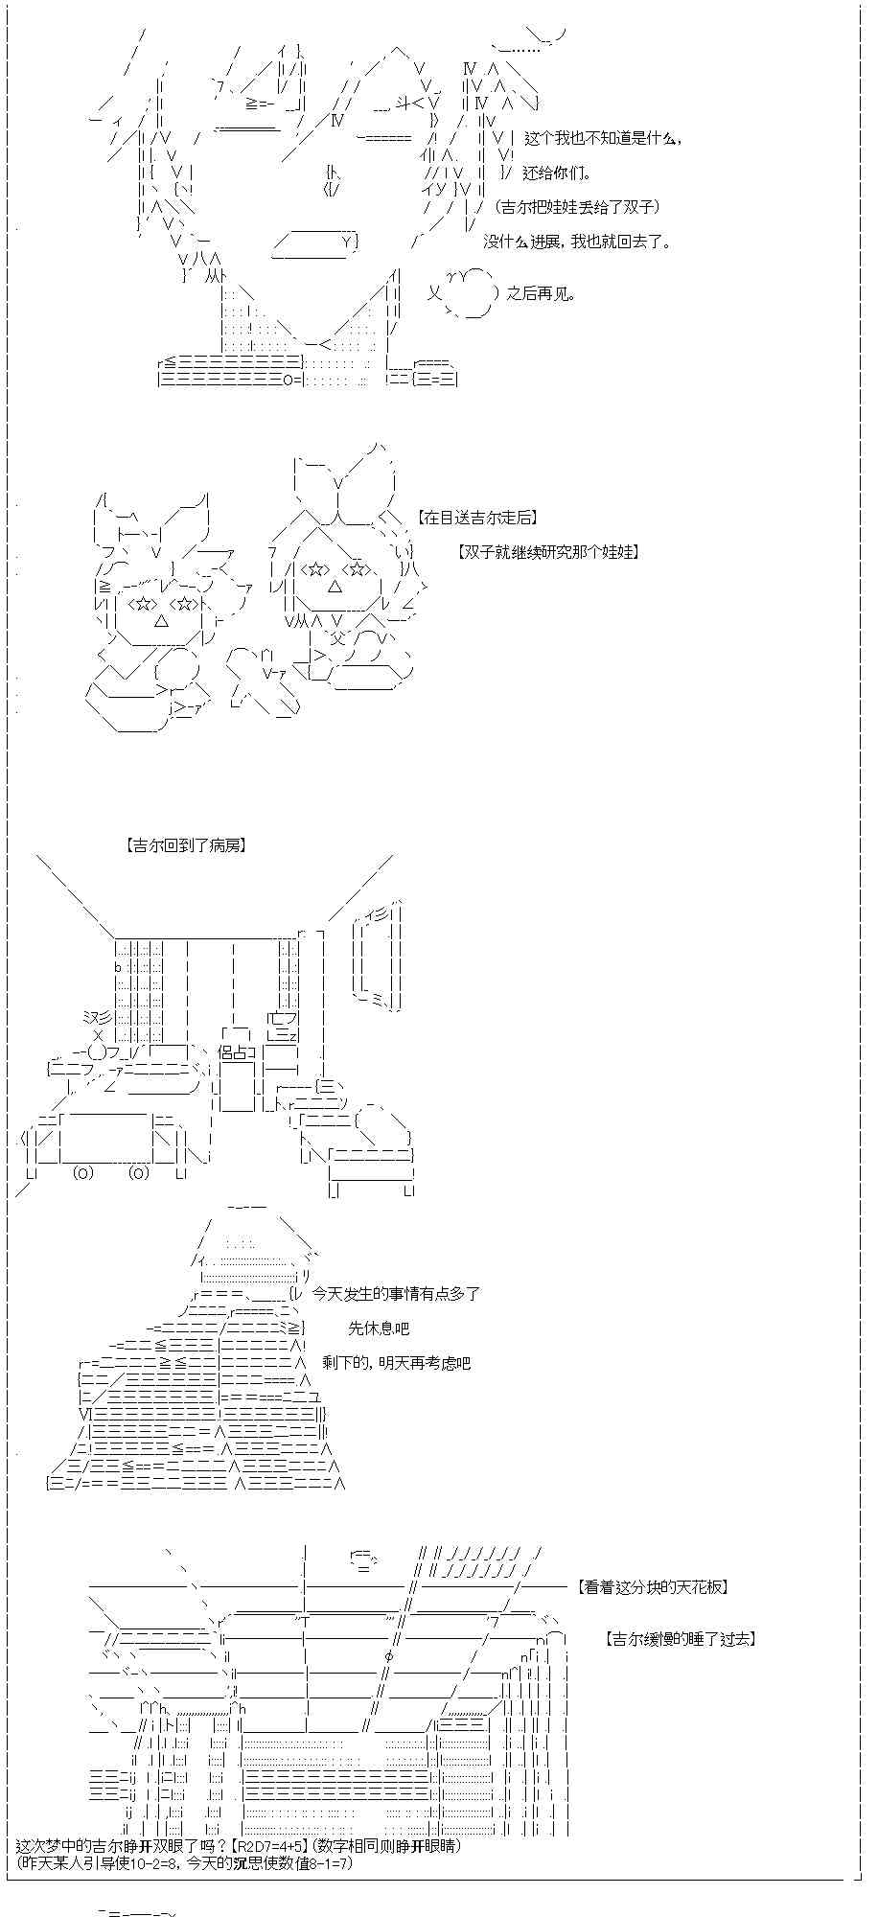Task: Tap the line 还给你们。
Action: [x=558, y=173]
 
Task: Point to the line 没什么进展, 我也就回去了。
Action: [x=577, y=242]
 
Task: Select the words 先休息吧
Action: [x=379, y=1328]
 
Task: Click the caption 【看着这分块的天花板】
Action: [x=654, y=1587]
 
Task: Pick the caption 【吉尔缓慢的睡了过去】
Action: [x=681, y=1639]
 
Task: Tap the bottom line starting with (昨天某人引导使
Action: [x=185, y=1862]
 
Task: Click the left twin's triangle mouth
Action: [x=161, y=621]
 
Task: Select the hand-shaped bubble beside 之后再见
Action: [x=468, y=293]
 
